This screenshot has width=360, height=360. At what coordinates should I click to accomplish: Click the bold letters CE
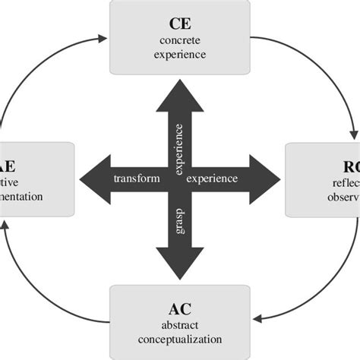tap(180, 22)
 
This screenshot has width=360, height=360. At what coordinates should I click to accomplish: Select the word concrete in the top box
tap(180, 39)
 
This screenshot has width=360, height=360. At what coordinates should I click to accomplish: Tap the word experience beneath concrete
tap(180, 55)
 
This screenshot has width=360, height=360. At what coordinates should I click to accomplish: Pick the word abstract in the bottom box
tap(180, 325)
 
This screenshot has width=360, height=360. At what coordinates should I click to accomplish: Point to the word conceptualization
tap(180, 339)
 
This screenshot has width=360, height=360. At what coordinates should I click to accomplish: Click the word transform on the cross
tap(136, 179)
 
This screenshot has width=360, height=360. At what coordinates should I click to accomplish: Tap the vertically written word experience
tap(180, 149)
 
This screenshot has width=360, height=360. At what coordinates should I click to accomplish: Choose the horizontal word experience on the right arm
tap(213, 179)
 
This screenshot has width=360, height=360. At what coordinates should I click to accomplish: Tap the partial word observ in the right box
tap(339, 196)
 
